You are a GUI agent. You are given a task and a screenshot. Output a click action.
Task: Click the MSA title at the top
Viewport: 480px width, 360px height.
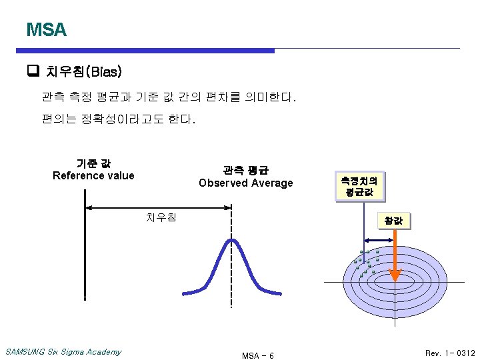pyautogui.click(x=46, y=30)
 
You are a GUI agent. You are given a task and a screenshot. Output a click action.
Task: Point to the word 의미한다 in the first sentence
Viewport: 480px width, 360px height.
pyautogui.click(x=266, y=98)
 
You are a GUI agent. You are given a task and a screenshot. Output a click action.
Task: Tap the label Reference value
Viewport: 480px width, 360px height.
pyautogui.click(x=93, y=176)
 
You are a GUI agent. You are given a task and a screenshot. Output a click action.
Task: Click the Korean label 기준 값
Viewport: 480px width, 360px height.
pyautogui.click(x=93, y=163)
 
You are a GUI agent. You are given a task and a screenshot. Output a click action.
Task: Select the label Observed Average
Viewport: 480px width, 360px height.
pyautogui.click(x=245, y=183)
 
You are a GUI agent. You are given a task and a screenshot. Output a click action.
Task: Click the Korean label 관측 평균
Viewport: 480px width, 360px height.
pyautogui.click(x=245, y=169)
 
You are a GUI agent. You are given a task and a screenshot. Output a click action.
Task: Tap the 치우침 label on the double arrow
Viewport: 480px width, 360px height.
pyautogui.click(x=161, y=217)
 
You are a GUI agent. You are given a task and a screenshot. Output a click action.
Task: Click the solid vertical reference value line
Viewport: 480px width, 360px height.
pyautogui.click(x=85, y=247)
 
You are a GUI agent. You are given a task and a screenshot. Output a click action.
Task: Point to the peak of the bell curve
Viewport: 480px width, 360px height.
pyautogui.click(x=231, y=240)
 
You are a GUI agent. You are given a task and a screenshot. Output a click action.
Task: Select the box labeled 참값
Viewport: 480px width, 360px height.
pyautogui.click(x=393, y=221)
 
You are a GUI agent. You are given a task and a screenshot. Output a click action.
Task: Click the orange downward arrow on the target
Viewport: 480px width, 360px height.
pyautogui.click(x=395, y=257)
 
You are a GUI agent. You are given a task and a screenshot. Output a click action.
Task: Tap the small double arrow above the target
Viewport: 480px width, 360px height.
pyautogui.click(x=379, y=242)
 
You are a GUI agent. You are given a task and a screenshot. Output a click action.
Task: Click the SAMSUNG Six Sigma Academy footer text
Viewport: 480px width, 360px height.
pyautogui.click(x=63, y=352)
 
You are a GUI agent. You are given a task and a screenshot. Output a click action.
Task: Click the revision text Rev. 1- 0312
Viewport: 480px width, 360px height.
pyautogui.click(x=450, y=353)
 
